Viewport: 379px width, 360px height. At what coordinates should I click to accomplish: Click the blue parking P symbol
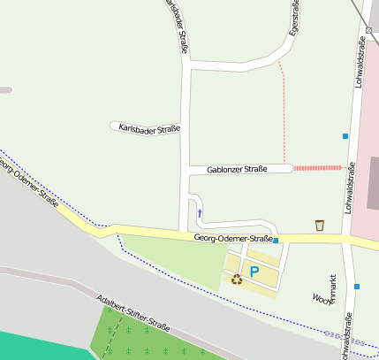point(254,272)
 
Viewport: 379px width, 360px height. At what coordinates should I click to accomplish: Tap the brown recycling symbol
point(237,280)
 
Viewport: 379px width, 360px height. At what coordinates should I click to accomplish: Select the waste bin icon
point(319,226)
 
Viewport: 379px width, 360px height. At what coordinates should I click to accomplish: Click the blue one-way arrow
point(199,212)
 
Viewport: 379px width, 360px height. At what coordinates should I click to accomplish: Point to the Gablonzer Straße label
point(237,169)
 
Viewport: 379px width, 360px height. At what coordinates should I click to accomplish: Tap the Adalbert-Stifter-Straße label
point(133,311)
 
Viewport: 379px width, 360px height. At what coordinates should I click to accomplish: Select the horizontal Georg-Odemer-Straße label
point(233,239)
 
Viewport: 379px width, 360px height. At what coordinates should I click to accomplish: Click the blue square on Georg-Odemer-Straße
point(276,240)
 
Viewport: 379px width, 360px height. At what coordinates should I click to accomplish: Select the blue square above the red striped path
point(345,136)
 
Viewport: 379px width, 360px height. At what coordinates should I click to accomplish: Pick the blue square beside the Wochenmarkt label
point(356,287)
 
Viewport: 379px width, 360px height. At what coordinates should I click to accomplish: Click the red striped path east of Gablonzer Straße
point(317,167)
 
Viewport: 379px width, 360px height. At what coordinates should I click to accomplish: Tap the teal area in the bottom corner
point(35,346)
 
